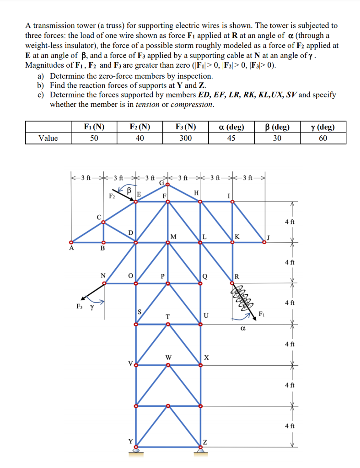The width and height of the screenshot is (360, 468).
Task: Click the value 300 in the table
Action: pos(186,138)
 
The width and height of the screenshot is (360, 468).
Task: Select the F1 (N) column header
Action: pos(94,127)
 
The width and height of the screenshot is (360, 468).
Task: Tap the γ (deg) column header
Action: pos(323,127)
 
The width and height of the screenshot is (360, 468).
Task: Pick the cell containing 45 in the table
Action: pos(231,138)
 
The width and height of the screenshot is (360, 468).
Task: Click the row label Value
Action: pos(48,138)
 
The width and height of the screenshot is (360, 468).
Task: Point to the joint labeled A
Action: pos(70,242)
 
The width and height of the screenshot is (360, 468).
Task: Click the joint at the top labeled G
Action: pos(168,185)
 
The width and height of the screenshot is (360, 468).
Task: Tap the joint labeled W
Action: pos(168,365)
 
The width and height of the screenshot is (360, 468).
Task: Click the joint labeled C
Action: pos(103,222)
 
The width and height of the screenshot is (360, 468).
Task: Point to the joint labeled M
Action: pos(168,243)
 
